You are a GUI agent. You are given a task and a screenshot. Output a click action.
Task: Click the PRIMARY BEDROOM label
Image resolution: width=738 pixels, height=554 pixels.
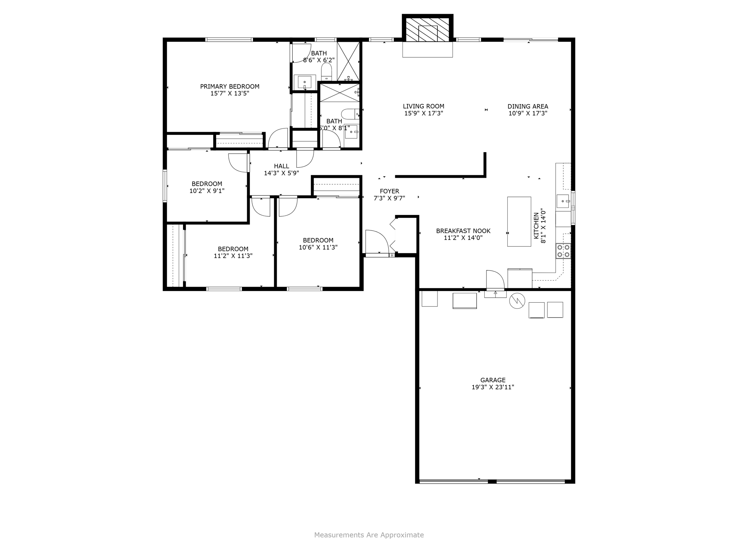click(230, 87)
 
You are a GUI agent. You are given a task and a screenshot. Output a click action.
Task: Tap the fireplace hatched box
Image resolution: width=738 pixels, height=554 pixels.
click(427, 30)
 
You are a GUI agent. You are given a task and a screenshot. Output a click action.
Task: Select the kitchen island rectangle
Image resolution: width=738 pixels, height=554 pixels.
click(519, 221)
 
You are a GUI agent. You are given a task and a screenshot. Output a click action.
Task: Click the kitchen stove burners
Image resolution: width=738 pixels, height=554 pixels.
click(563, 251)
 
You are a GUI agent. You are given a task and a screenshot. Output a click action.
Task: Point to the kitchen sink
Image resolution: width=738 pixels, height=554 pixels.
click(563, 201)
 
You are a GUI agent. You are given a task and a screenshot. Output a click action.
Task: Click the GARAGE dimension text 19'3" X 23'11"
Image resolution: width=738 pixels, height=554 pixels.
click(493, 387)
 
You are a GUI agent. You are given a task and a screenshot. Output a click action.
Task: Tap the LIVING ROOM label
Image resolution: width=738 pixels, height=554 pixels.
click(423, 106)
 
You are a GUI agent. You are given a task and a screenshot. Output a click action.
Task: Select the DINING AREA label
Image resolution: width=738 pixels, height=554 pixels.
click(528, 106)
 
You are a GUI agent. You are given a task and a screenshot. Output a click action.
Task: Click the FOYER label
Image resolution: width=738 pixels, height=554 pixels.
click(389, 191)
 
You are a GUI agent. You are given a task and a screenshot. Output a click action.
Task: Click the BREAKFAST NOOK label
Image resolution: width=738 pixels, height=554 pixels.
click(463, 231)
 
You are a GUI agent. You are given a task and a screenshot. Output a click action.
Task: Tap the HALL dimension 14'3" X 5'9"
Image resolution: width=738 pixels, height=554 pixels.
click(281, 173)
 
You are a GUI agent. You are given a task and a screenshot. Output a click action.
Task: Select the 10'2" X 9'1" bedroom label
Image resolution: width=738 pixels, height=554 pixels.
click(207, 191)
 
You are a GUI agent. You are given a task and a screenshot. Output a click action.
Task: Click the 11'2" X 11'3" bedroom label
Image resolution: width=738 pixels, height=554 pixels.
click(233, 256)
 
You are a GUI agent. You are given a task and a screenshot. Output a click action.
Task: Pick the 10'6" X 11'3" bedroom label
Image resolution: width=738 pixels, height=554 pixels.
click(318, 247)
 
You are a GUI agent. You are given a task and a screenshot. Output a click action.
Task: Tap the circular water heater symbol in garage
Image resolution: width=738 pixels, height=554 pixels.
click(517, 301)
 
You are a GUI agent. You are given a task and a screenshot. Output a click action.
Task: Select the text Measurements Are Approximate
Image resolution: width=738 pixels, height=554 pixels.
click(369, 535)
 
